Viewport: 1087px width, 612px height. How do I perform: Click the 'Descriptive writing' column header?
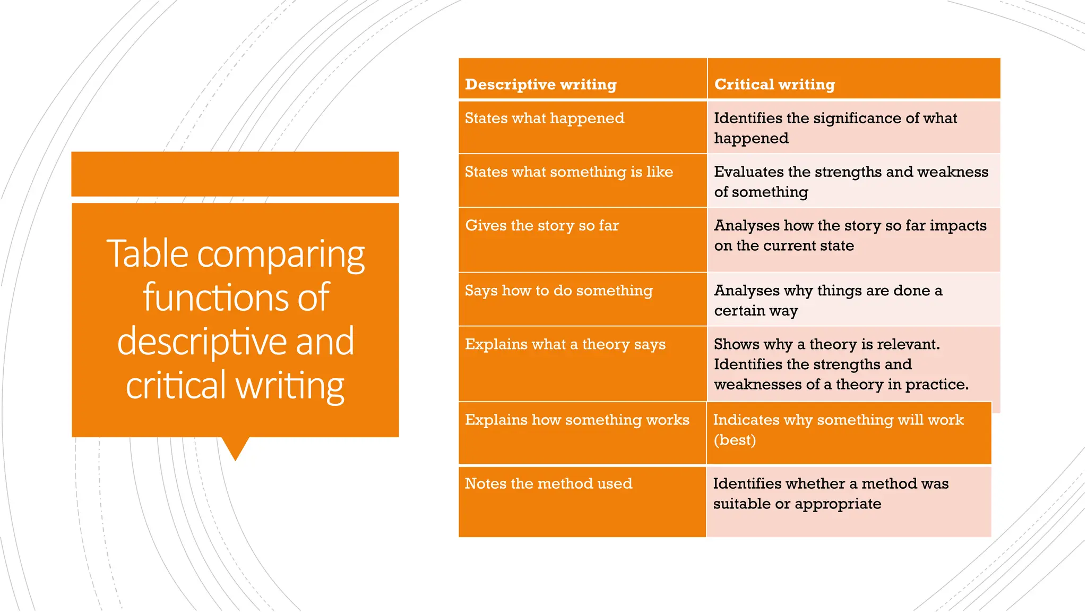pyautogui.click(x=540, y=84)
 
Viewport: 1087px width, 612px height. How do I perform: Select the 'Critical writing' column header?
pyautogui.click(x=774, y=84)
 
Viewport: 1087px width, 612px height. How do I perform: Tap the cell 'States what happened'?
pyautogui.click(x=545, y=118)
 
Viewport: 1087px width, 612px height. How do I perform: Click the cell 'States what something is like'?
pyautogui.click(x=568, y=172)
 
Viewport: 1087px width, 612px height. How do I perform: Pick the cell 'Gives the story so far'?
pyautogui.click(x=542, y=226)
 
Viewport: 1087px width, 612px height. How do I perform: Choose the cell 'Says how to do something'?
pyautogui.click(x=558, y=291)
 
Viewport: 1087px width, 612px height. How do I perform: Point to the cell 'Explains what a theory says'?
pyautogui.click(x=565, y=345)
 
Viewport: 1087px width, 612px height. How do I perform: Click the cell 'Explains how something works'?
pyautogui.click(x=577, y=420)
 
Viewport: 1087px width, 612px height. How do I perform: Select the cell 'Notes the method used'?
pyautogui.click(x=548, y=484)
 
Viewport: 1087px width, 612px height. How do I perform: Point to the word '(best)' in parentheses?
pyautogui.click(x=735, y=440)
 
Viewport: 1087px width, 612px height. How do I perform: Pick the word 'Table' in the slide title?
pyautogui.click(x=147, y=254)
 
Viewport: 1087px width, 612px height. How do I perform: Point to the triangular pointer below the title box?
pyautogui.click(x=235, y=448)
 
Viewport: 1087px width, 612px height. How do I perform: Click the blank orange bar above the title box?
pyautogui.click(x=235, y=174)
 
